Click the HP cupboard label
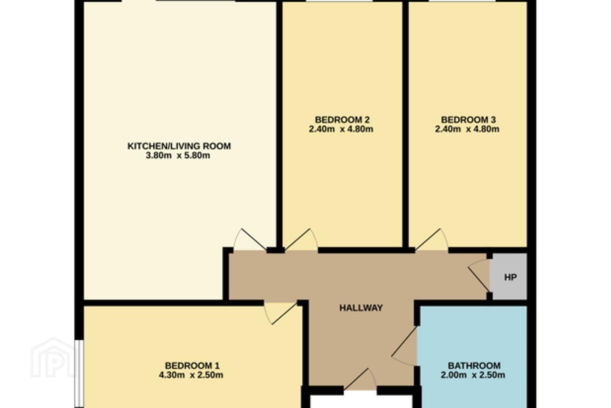510,278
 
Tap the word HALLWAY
361,308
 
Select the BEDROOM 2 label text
342,120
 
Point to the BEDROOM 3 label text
468,120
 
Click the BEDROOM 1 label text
192,365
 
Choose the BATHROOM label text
474,365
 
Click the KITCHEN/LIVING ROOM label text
179,146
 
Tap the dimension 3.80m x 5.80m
178,156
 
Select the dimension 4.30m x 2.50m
191,375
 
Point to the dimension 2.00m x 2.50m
473,375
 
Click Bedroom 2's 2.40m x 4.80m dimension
341,129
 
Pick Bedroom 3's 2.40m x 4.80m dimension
467,129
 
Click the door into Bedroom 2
301,240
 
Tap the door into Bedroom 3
432,240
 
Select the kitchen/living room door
250,240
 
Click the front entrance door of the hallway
360,379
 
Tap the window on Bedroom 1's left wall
79,374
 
